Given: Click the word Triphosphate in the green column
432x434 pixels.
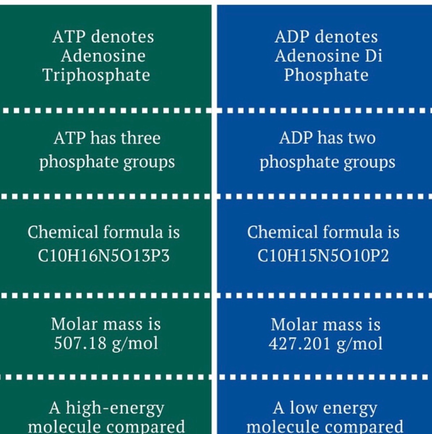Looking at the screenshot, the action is coord(97,76).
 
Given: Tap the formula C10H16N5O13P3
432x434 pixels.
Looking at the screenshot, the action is coord(103,256).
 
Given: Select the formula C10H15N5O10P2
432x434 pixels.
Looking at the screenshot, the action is coord(323,256).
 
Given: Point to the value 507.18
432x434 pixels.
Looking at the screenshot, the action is coord(80,343).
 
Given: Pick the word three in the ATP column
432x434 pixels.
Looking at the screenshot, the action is coord(141,138).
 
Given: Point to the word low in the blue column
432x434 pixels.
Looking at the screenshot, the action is coord(303,408).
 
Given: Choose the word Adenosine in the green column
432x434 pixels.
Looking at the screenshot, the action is coord(103,56).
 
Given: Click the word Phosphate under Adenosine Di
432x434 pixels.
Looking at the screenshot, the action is coord(326,75).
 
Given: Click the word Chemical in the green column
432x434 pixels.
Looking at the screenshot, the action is coord(63,232).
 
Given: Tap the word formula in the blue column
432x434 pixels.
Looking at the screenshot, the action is coord(352,232).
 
